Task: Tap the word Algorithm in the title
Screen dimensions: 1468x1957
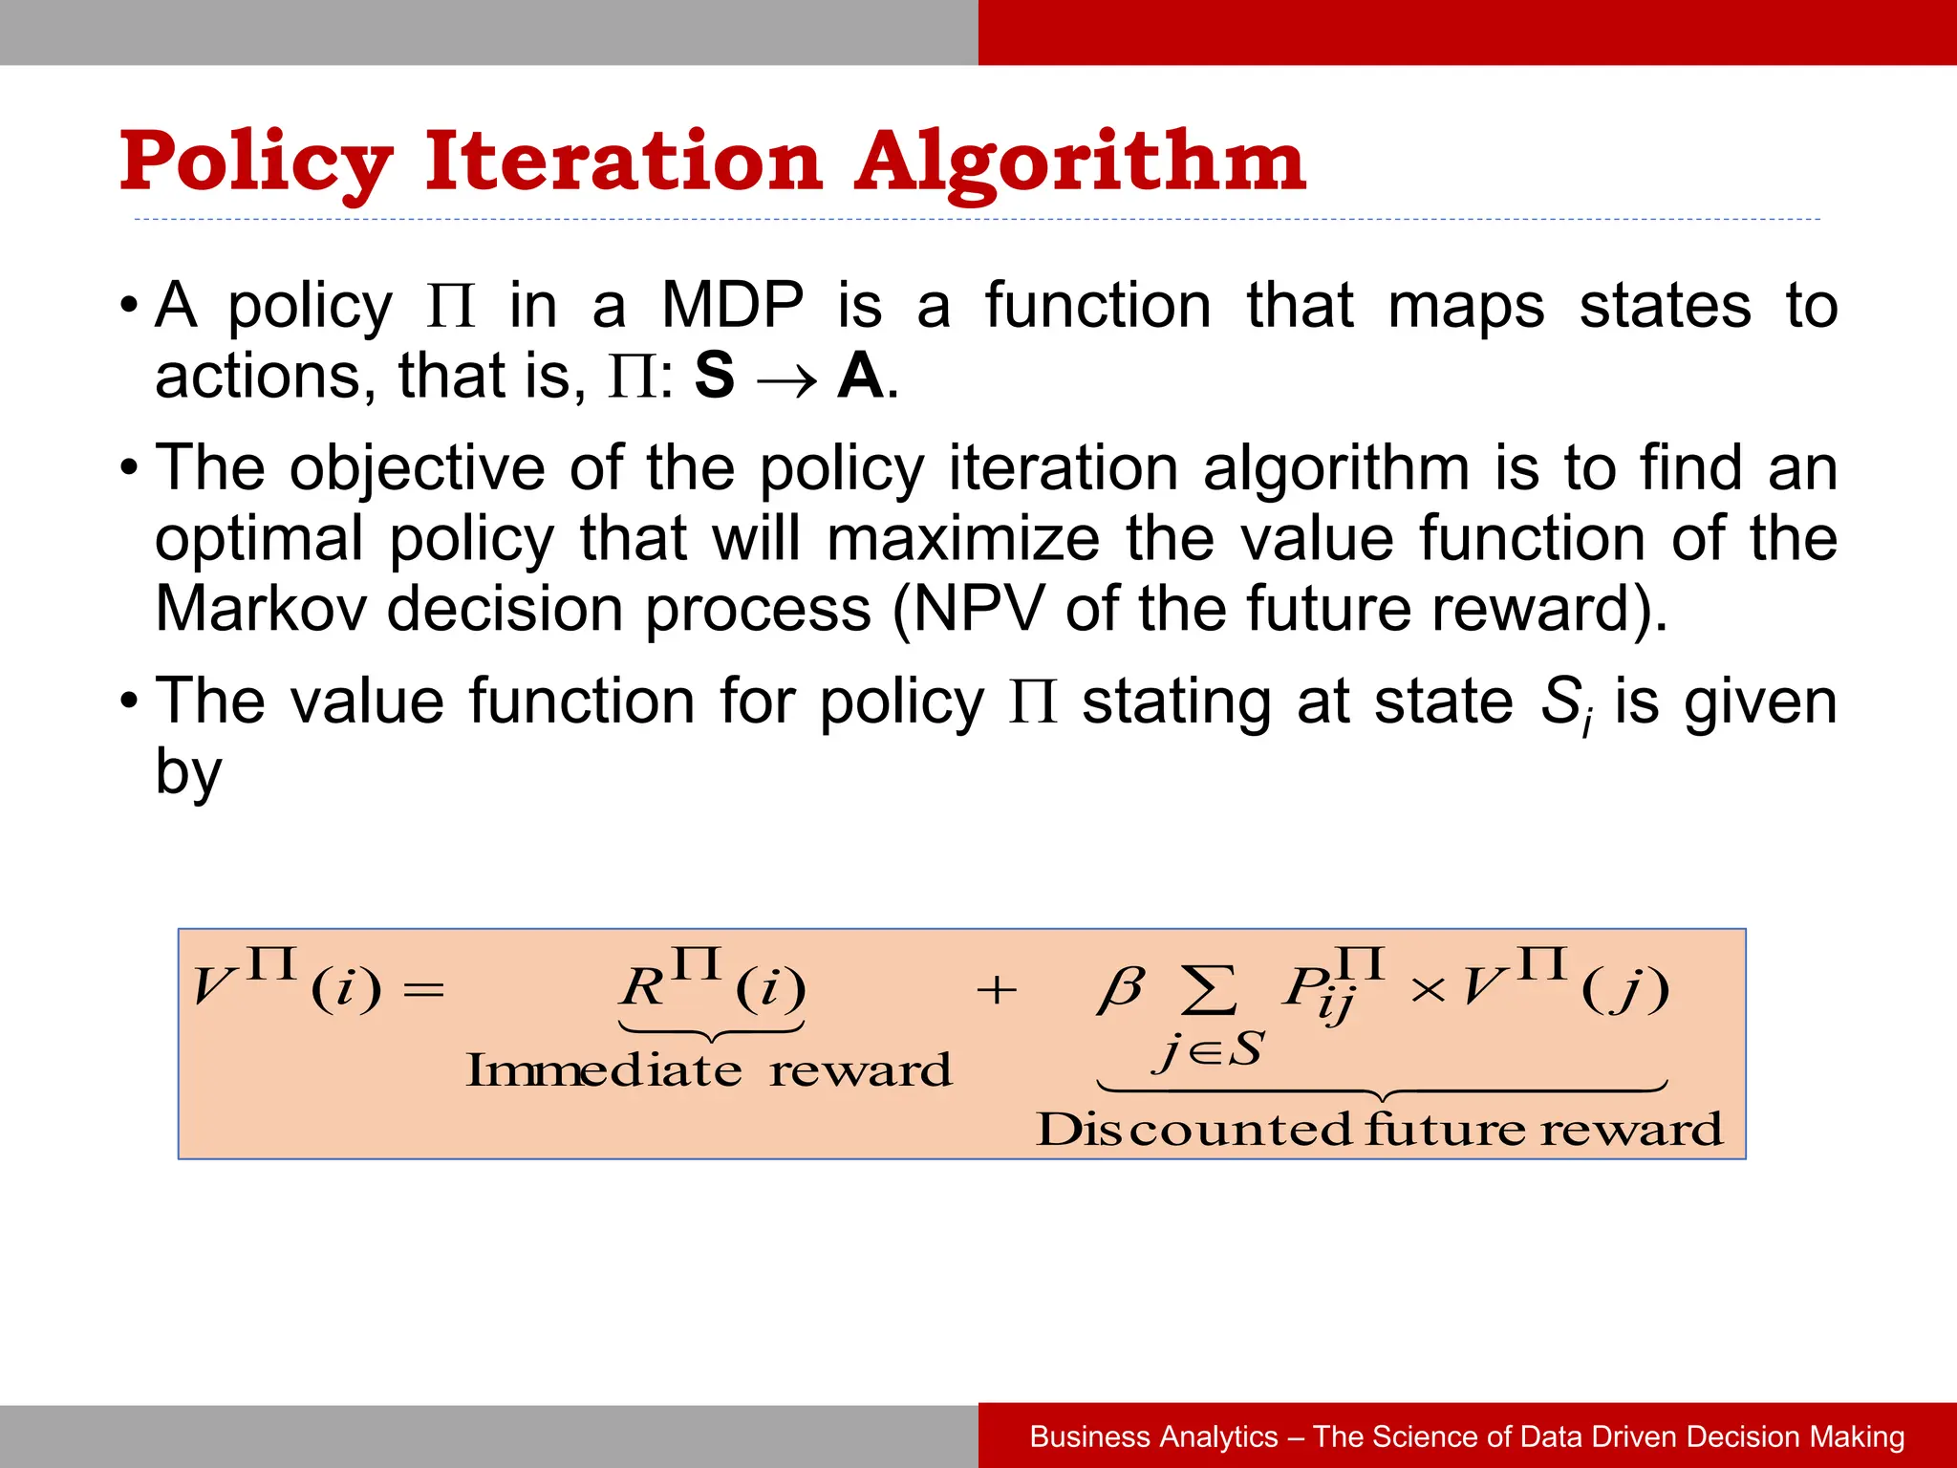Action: (x=1080, y=162)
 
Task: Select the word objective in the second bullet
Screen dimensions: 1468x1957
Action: (x=418, y=469)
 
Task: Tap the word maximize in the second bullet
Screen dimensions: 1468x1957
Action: (x=962, y=539)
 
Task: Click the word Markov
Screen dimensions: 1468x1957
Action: (x=260, y=609)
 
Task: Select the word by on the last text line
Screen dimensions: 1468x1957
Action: (x=188, y=774)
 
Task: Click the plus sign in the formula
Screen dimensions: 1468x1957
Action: (x=996, y=990)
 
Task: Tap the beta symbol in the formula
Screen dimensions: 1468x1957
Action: (x=1120, y=988)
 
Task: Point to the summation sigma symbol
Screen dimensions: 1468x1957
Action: (x=1209, y=990)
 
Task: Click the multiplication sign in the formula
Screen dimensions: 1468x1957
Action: (x=1428, y=991)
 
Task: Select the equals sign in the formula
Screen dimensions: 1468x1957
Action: (x=424, y=990)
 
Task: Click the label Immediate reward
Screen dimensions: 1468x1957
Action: (x=709, y=1070)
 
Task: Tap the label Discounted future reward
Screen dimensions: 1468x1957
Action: (x=1380, y=1130)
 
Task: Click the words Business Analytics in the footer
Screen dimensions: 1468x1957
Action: (x=1153, y=1436)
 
